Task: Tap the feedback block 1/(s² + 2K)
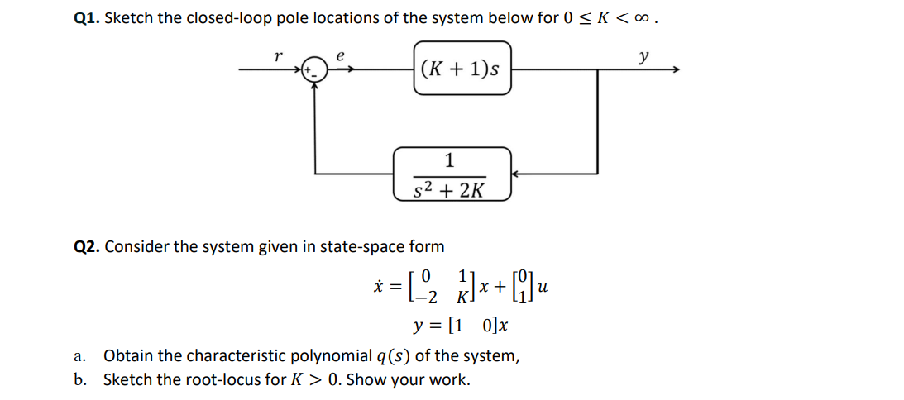452,174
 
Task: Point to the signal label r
278,55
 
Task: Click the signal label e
339,55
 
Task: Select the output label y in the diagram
643,57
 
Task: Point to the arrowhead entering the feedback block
515,174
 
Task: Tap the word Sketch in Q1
127,17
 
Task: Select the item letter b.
79,380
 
